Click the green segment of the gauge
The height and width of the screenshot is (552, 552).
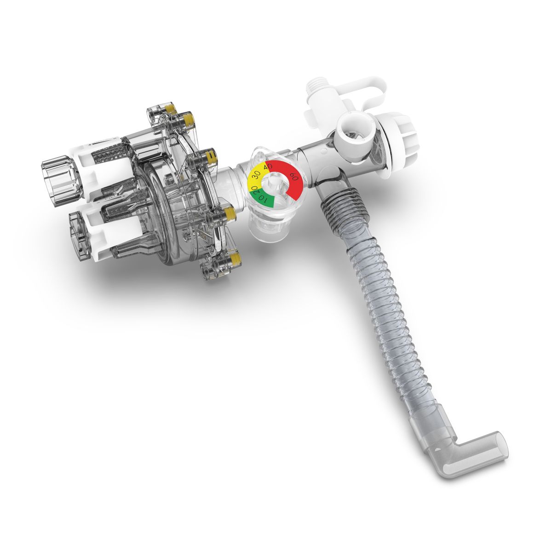tap(262, 199)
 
